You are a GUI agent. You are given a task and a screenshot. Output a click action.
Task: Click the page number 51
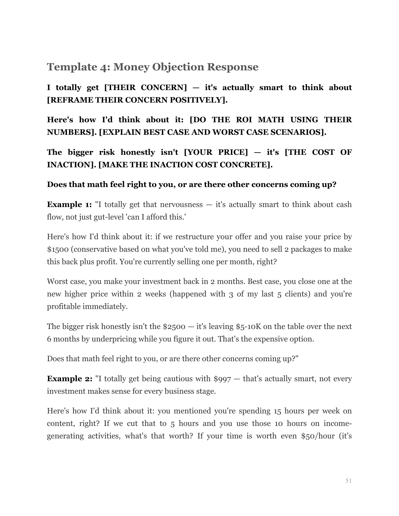pos(348,481)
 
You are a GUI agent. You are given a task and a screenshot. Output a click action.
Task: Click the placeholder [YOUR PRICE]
pos(216,152)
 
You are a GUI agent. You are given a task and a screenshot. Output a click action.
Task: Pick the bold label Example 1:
pos(69,205)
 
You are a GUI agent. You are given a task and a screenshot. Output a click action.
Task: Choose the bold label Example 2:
pos(69,379)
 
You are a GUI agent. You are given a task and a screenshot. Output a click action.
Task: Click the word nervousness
pos(181,205)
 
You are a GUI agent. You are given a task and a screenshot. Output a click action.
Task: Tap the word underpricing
pos(114,339)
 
